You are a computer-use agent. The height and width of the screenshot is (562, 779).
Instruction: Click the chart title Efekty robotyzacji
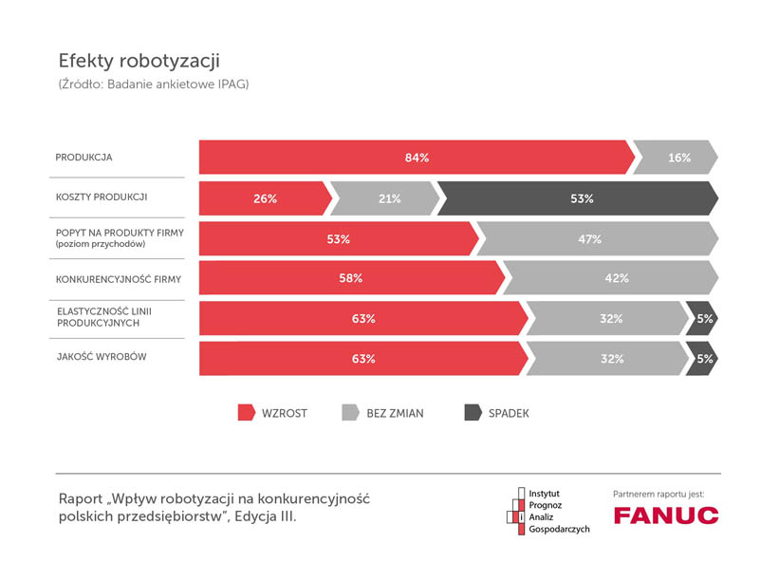click(x=139, y=62)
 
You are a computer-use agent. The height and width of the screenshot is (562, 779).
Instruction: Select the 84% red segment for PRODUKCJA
click(x=416, y=158)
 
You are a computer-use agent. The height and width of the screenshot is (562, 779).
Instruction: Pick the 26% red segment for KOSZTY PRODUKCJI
click(x=265, y=198)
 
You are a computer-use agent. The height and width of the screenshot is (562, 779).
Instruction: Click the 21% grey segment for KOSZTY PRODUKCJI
click(x=387, y=198)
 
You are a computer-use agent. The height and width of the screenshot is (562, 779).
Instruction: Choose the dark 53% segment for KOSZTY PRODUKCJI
click(x=579, y=198)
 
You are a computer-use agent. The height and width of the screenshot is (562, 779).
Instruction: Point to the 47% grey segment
click(x=592, y=239)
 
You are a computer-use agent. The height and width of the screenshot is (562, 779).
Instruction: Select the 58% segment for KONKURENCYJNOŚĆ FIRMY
click(x=350, y=279)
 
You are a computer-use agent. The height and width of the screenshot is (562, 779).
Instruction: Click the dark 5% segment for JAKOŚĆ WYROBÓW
click(x=703, y=359)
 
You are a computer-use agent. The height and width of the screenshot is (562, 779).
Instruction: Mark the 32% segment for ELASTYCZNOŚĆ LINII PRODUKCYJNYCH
click(x=608, y=319)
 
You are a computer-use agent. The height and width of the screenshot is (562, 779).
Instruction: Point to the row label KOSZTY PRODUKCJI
click(x=102, y=197)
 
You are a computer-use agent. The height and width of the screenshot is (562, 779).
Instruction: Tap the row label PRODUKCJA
click(x=83, y=157)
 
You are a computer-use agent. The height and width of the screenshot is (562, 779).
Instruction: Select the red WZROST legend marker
click(x=246, y=413)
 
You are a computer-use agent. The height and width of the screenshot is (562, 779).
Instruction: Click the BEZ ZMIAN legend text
click(x=395, y=414)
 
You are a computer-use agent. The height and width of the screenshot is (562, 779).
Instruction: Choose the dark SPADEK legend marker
click(x=472, y=413)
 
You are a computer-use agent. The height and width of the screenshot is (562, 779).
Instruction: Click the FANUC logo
click(x=665, y=515)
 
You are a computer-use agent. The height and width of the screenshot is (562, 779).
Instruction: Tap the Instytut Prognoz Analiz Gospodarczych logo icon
click(x=517, y=510)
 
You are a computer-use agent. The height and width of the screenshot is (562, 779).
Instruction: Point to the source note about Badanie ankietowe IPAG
click(x=154, y=85)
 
